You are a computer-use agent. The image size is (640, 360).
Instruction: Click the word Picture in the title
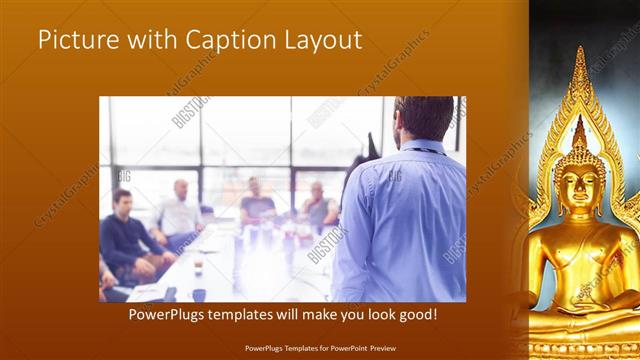[71, 41]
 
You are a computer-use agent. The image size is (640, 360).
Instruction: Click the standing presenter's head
[414, 118]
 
